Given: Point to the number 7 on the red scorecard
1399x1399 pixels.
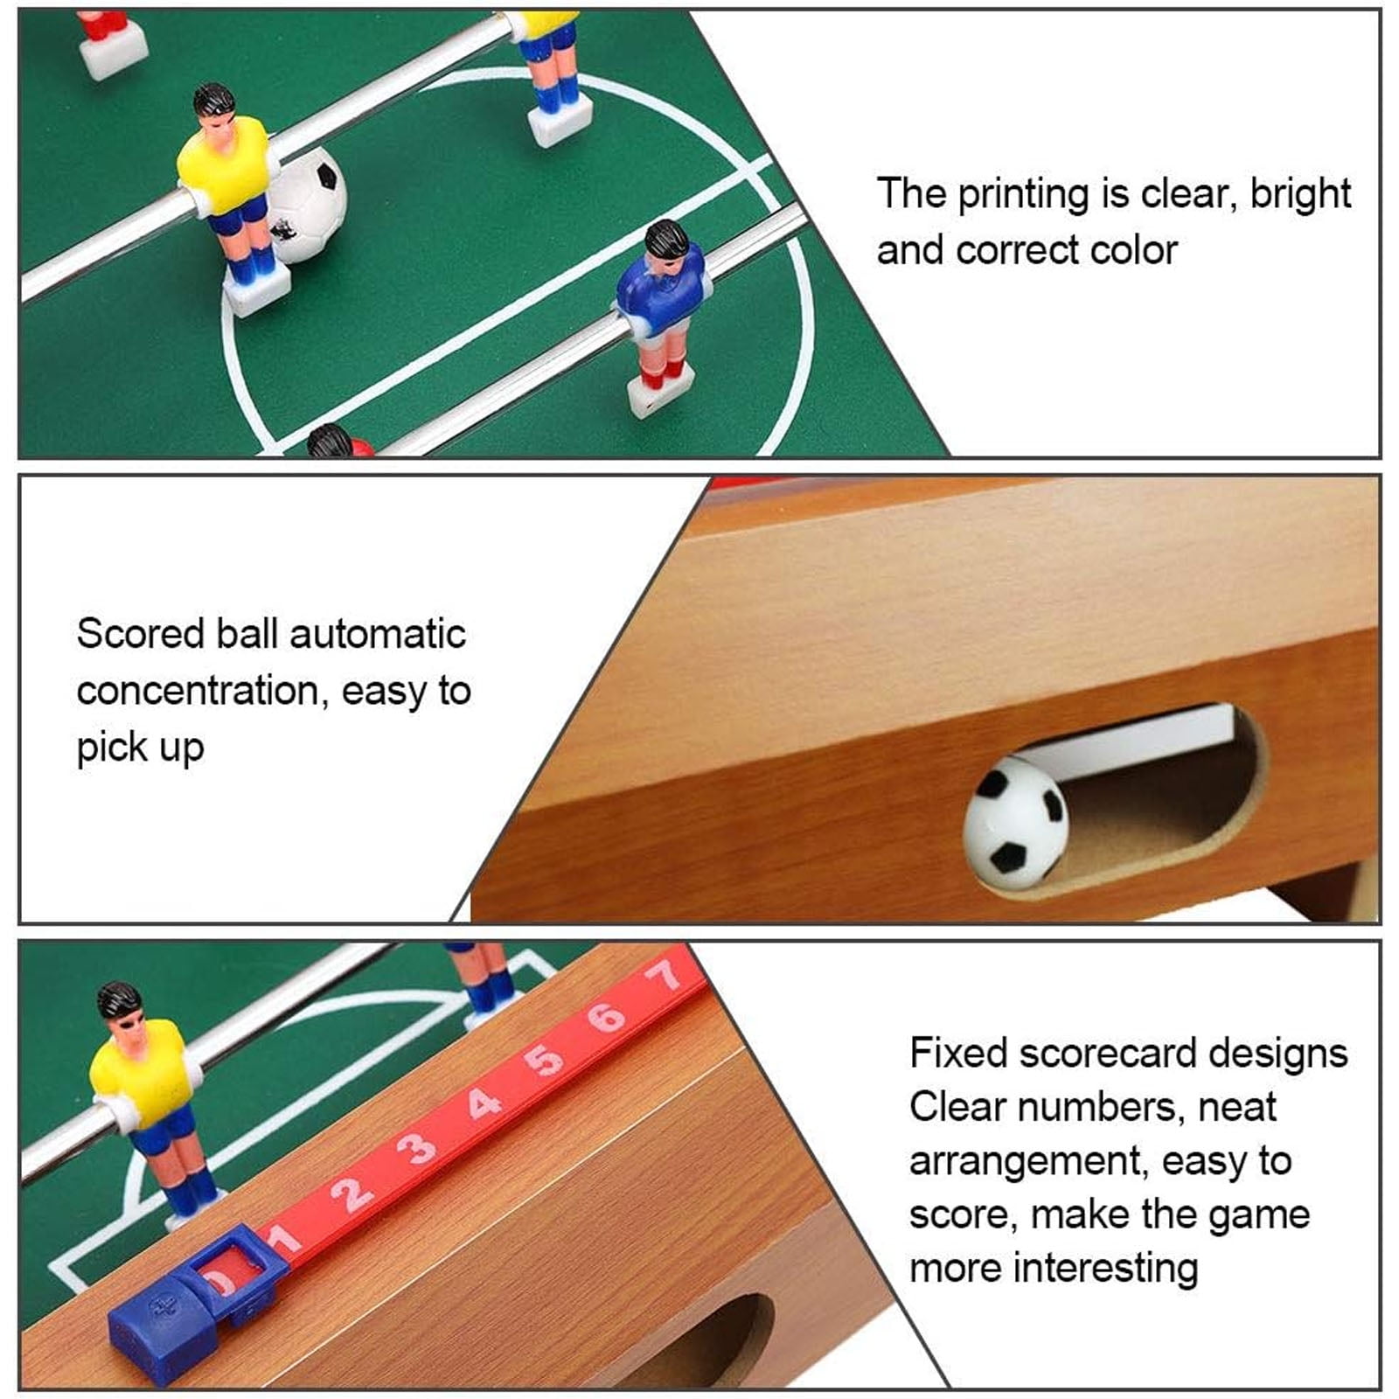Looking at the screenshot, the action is pyautogui.click(x=667, y=974).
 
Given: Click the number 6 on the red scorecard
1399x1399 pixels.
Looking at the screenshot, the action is pyautogui.click(x=606, y=1017).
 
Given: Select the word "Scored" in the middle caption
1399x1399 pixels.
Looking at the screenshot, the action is pyautogui.click(x=141, y=634).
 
